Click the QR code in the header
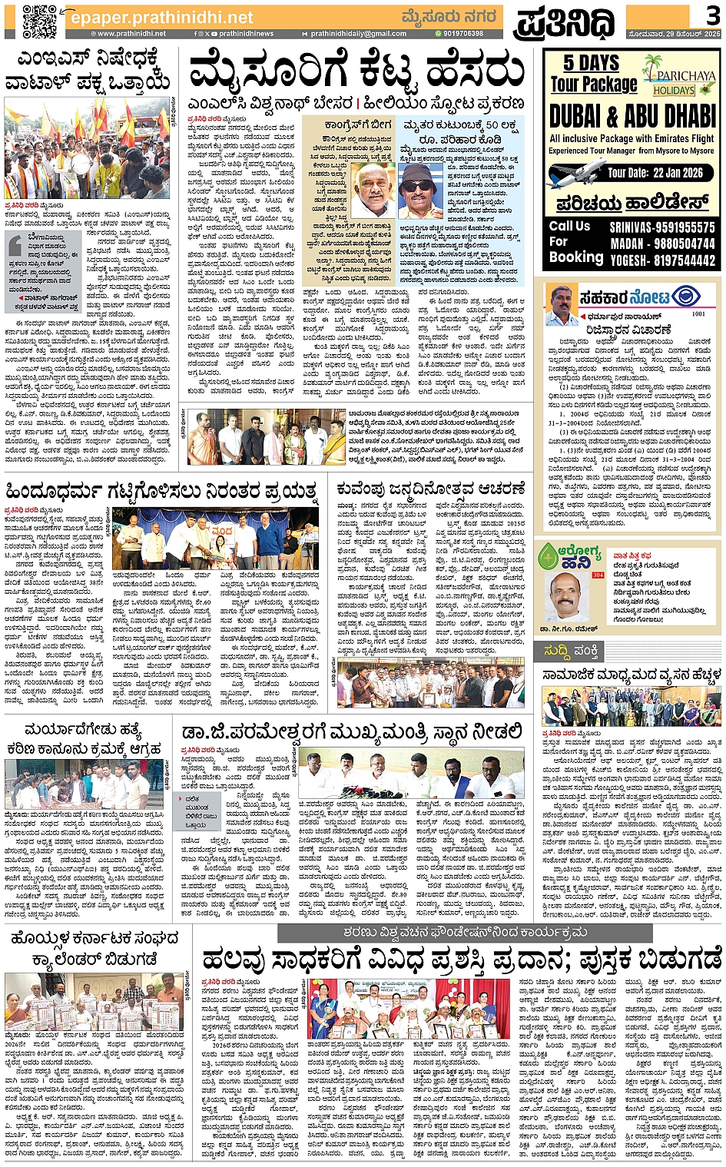[38, 21]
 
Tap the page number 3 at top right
[711, 15]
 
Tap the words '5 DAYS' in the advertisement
[591, 63]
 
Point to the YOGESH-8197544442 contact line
[662, 260]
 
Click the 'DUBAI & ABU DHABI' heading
[632, 116]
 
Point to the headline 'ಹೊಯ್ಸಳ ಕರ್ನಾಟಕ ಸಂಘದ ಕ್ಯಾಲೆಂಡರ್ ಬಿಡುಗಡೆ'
[92, 949]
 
